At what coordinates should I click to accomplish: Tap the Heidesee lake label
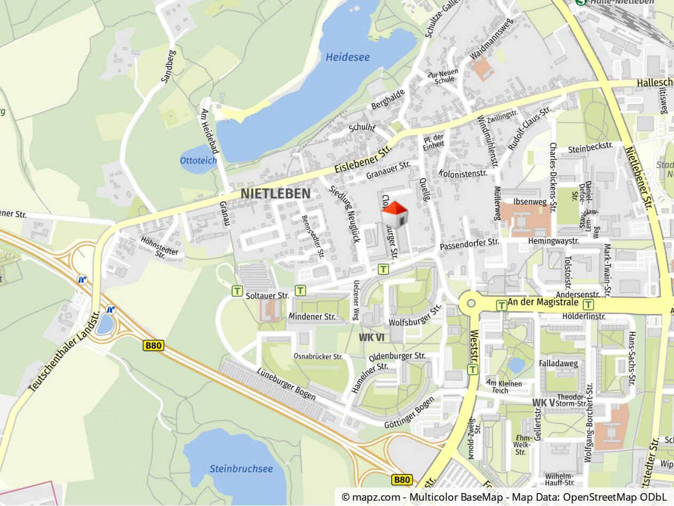pyautogui.click(x=347, y=57)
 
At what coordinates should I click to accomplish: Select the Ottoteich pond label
pyautogui.click(x=199, y=160)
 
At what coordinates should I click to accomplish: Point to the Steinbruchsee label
pyautogui.click(x=241, y=469)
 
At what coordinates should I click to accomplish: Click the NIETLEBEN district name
pyautogui.click(x=275, y=193)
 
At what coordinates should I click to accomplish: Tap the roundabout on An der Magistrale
pyautogui.click(x=471, y=303)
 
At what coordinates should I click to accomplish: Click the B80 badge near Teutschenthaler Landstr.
pyautogui.click(x=154, y=345)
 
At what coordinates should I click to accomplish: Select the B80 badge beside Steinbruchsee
pyautogui.click(x=401, y=480)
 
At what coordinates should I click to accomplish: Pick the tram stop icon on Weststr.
pyautogui.click(x=472, y=369)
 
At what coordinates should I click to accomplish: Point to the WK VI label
pyautogui.click(x=371, y=337)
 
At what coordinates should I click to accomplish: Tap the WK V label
pyautogui.click(x=543, y=402)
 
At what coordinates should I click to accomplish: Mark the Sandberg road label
pyautogui.click(x=168, y=67)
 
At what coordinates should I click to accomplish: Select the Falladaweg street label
pyautogui.click(x=558, y=363)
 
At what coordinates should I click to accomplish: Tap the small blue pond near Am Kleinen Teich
pyautogui.click(x=516, y=366)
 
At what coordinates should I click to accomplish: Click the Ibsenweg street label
pyautogui.click(x=530, y=202)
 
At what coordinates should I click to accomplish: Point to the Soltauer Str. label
pyautogui.click(x=267, y=295)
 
